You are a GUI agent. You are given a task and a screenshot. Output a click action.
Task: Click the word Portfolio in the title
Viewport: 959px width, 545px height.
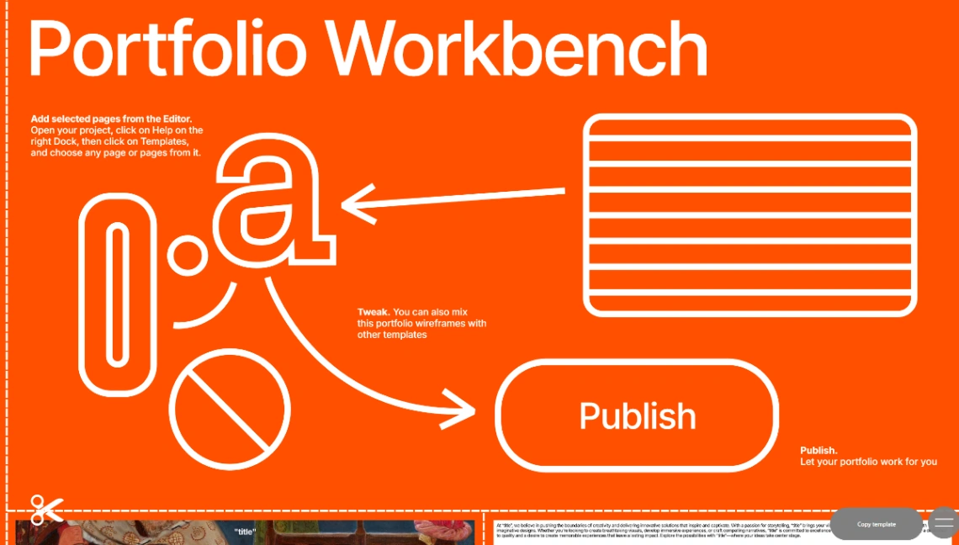[168, 48]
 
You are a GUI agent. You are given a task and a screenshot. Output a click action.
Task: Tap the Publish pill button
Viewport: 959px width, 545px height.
[637, 415]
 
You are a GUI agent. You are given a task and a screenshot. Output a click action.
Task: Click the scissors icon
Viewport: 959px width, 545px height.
[46, 509]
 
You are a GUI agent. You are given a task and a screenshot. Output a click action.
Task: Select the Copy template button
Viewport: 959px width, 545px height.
[877, 524]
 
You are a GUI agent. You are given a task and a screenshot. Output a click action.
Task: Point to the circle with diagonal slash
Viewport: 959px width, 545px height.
[230, 410]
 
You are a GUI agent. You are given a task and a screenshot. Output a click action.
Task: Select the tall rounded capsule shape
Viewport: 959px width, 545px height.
[118, 294]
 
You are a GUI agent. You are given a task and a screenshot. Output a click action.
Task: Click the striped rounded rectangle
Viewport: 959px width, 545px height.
[750, 215]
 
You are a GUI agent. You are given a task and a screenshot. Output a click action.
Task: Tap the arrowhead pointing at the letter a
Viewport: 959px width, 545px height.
[357, 204]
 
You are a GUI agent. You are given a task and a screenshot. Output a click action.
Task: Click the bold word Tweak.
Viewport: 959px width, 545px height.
[373, 313]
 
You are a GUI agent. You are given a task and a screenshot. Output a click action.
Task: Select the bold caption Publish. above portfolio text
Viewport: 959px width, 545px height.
[819, 451]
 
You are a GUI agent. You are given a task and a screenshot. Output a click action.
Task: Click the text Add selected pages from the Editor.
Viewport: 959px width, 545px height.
[117, 119]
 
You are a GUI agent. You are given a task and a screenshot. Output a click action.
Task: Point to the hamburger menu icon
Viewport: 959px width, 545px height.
[944, 522]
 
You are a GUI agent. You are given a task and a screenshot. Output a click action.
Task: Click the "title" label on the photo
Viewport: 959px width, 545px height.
[244, 532]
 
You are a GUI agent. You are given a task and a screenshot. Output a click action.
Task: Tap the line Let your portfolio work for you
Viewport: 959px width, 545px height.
[868, 462]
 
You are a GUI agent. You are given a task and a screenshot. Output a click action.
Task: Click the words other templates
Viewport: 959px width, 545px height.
[392, 335]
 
